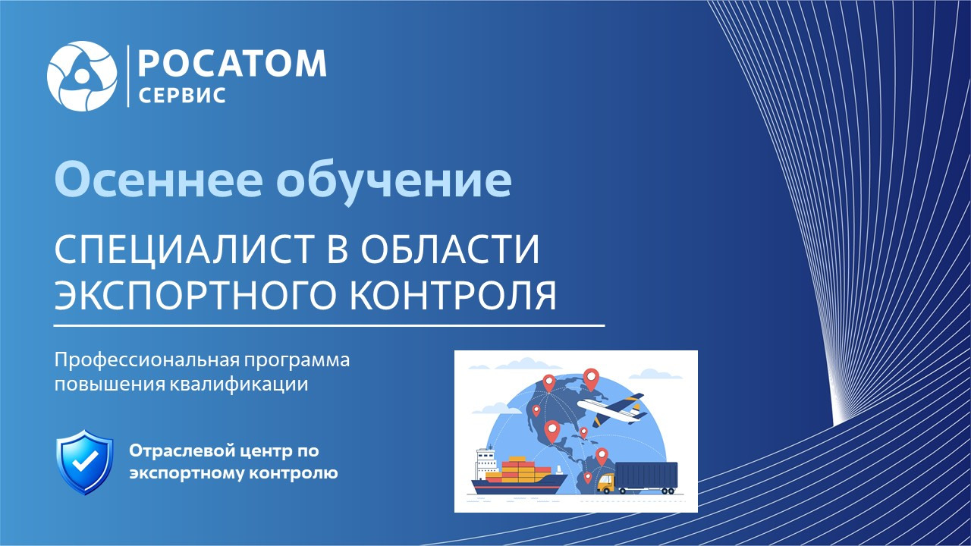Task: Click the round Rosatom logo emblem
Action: (82, 77)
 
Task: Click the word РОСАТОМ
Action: (232, 64)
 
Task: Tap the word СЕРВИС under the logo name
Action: (182, 96)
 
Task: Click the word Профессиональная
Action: (146, 360)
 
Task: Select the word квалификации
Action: (238, 384)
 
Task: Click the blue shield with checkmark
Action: (85, 462)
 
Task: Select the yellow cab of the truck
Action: (606, 483)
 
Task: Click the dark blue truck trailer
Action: (646, 475)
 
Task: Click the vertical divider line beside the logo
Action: (128, 76)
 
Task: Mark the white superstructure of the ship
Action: (486, 463)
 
